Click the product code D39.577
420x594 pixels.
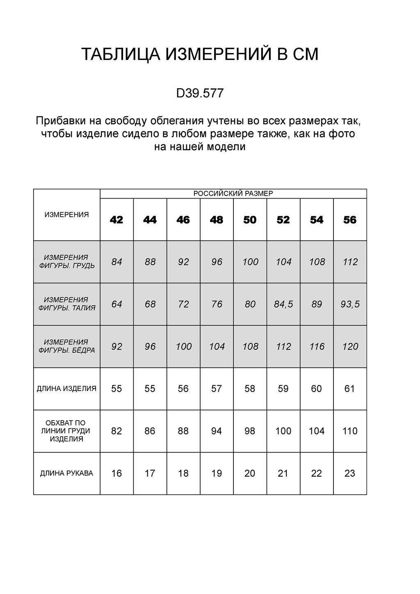[200, 94]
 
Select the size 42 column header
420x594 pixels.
[116, 220]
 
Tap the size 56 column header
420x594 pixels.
[350, 220]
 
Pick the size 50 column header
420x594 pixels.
[250, 220]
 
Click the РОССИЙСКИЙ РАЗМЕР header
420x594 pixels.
[233, 194]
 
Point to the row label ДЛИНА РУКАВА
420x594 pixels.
[66, 473]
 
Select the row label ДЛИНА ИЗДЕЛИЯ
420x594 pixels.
[66, 388]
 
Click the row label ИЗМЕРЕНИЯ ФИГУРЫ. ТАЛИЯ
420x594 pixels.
[66, 304]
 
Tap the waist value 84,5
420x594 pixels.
[283, 304]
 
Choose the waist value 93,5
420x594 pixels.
[350, 304]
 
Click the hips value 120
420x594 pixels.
[350, 347]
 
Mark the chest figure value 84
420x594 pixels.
[117, 262]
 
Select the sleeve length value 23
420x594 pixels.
[350, 473]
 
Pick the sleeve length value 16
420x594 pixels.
[116, 473]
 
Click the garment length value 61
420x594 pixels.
[350, 388]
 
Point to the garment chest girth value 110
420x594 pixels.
[350, 431]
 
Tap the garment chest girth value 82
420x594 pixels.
[116, 431]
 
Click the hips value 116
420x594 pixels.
[317, 347]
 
